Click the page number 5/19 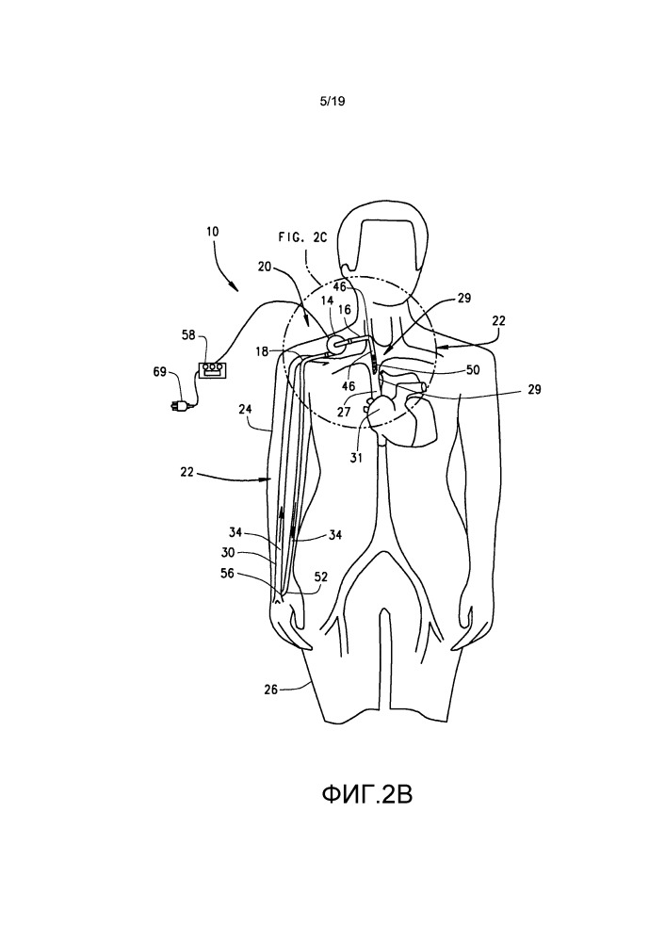pos(332,102)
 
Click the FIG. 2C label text pos(302,237)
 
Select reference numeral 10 pos(213,232)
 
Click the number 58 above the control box pos(189,335)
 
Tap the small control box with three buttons pos(212,369)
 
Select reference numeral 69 pos(159,372)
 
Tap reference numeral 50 pos(474,370)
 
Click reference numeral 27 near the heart pos(344,413)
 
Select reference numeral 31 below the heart pos(357,458)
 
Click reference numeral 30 pos(228,553)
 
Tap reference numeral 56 pos(228,574)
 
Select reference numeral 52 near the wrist pos(321,577)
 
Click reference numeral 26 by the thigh pos(271,690)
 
